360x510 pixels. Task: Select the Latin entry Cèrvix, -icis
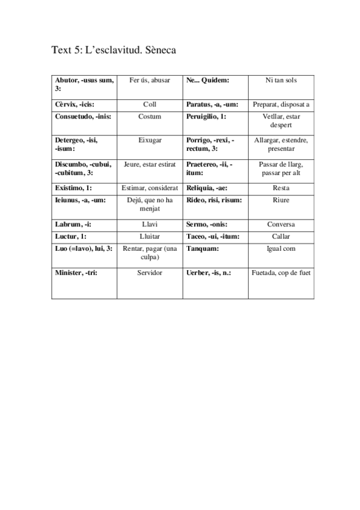pyautogui.click(x=75, y=104)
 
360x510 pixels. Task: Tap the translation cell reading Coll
pyautogui.click(x=150, y=104)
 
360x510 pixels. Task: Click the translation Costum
pyautogui.click(x=150, y=117)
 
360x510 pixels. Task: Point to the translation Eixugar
pyautogui.click(x=150, y=140)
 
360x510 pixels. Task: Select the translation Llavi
pyautogui.click(x=150, y=224)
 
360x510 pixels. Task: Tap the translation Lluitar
pyautogui.click(x=150, y=236)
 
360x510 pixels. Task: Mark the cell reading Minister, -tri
pyautogui.click(x=76, y=272)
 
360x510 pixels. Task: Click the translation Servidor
pyautogui.click(x=150, y=272)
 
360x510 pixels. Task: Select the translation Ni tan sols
pyautogui.click(x=281, y=80)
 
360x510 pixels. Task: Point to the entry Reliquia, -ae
pyautogui.click(x=207, y=188)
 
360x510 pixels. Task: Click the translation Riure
pyautogui.click(x=281, y=200)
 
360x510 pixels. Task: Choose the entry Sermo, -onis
pyautogui.click(x=207, y=224)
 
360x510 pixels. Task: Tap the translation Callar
pyautogui.click(x=281, y=236)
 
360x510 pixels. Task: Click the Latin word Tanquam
pyautogui.click(x=203, y=248)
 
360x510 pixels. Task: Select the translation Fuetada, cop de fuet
pyautogui.click(x=281, y=272)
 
